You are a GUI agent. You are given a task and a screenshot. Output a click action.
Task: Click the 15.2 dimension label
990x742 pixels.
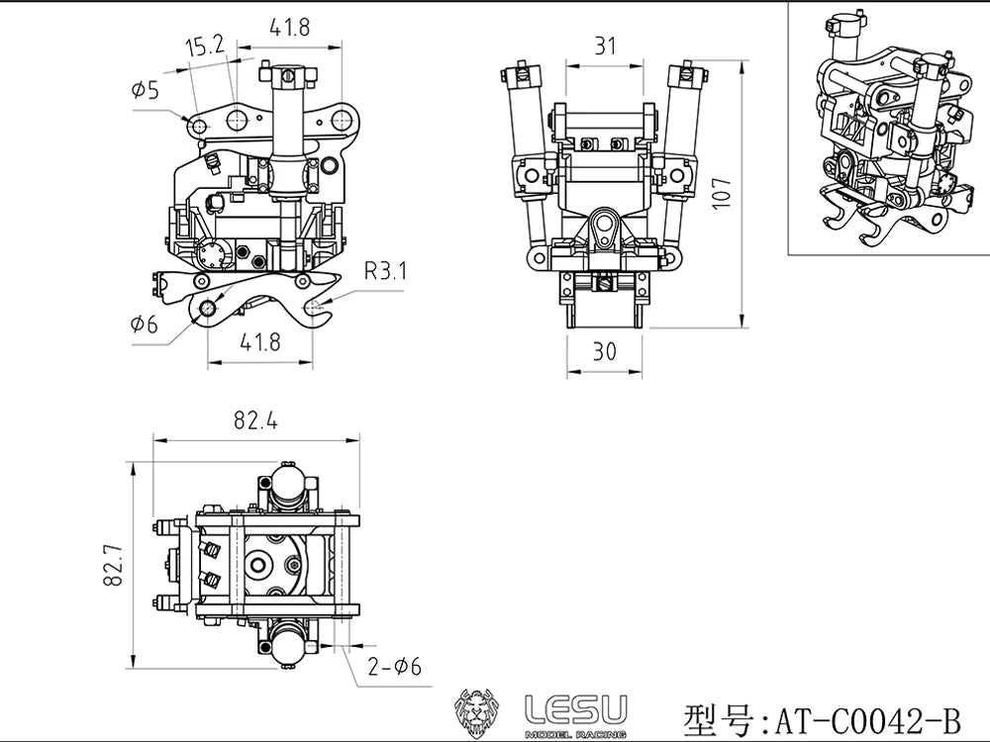pos(205,46)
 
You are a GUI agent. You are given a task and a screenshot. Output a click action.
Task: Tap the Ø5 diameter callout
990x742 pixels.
pos(146,90)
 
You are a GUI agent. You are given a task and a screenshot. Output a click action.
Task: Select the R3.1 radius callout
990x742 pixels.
pos(386,271)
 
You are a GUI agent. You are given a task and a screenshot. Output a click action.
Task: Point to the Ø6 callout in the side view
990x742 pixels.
pos(144,325)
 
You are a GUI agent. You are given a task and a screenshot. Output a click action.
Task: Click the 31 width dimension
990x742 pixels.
pos(605,46)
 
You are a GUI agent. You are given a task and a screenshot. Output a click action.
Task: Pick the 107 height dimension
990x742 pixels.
pos(721,194)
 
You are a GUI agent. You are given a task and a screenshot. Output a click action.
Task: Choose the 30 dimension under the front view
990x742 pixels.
pos(604,351)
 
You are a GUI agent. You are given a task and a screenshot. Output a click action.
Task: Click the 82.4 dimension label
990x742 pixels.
pos(255,420)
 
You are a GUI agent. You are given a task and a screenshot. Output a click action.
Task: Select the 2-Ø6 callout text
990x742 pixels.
pos(394,666)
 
